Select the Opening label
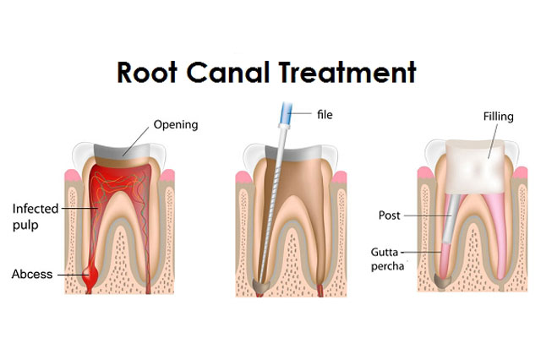point(175,125)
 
